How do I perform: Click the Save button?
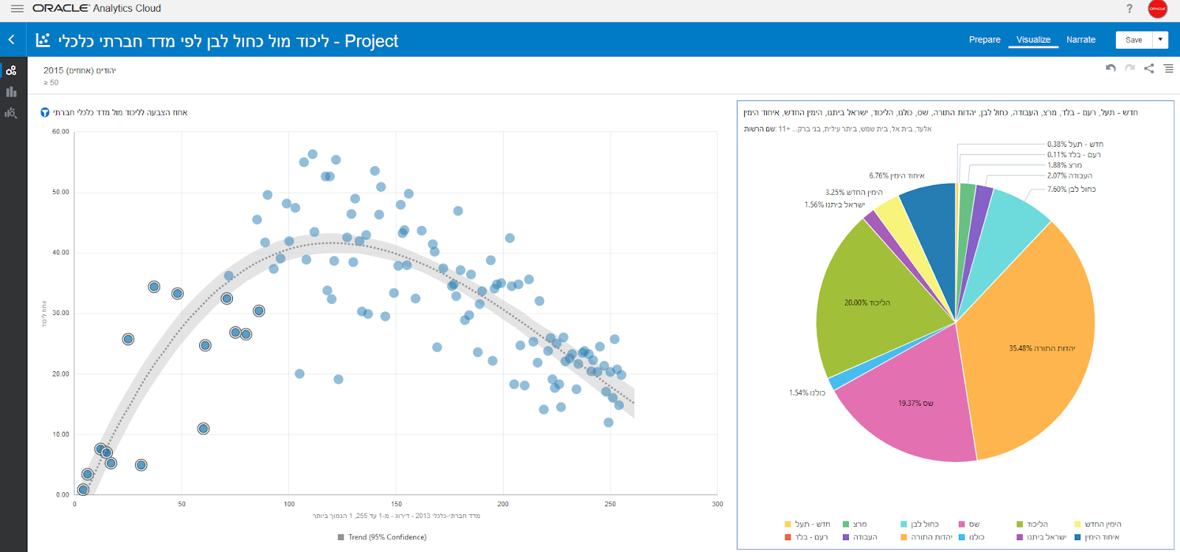pyautogui.click(x=1134, y=40)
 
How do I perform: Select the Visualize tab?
pyautogui.click(x=1033, y=40)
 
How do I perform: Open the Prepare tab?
pyautogui.click(x=985, y=40)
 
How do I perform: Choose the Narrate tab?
pyautogui.click(x=1080, y=40)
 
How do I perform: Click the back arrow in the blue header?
pyautogui.click(x=12, y=40)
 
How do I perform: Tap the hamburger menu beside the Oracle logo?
pyautogui.click(x=17, y=9)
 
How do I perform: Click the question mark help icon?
pyautogui.click(x=1129, y=9)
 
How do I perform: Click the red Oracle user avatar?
pyautogui.click(x=1157, y=9)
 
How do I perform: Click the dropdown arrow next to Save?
pyautogui.click(x=1160, y=40)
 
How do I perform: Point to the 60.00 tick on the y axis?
pyautogui.click(x=60, y=132)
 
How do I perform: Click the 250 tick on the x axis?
pyautogui.click(x=610, y=504)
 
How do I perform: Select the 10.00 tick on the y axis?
pyautogui.click(x=60, y=435)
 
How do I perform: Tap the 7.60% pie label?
pyautogui.click(x=1071, y=190)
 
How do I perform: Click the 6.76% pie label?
pyautogui.click(x=896, y=176)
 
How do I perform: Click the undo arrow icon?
pyautogui.click(x=1111, y=69)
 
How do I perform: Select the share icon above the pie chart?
pyautogui.click(x=1149, y=69)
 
